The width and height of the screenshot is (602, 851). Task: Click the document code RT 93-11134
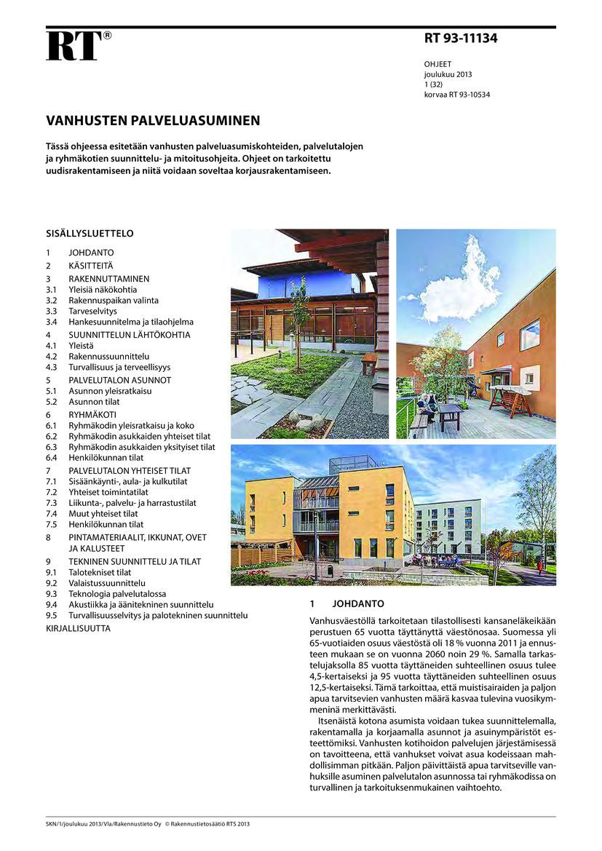(460, 39)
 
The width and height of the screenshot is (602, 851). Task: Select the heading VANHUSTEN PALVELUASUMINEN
(153, 120)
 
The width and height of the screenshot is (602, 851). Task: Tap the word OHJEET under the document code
(437, 65)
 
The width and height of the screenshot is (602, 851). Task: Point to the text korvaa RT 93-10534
(456, 95)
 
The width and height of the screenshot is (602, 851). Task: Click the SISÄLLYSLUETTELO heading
(90, 234)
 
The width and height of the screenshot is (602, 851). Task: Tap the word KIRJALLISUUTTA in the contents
(78, 628)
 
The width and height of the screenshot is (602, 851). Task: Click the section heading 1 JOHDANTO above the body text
(346, 604)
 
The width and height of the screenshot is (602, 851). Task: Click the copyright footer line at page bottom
(147, 824)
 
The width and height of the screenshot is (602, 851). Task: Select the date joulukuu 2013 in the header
(448, 75)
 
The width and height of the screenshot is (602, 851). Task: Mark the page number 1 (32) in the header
(435, 84)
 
